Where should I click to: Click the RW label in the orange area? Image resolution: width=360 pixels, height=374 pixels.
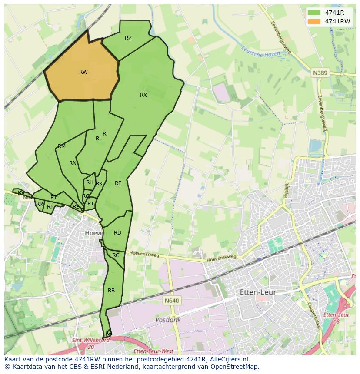click(x=83, y=72)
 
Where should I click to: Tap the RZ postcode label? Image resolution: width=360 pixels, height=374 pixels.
click(x=128, y=38)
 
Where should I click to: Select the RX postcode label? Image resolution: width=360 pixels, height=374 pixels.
click(x=143, y=95)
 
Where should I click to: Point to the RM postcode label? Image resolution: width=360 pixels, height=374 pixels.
click(x=62, y=146)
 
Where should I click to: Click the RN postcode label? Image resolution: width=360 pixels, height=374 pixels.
click(x=73, y=163)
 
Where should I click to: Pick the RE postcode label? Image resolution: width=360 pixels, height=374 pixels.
click(x=118, y=183)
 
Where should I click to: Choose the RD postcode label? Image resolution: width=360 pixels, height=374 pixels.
click(x=117, y=233)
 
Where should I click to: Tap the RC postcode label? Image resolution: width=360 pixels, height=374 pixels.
click(x=116, y=255)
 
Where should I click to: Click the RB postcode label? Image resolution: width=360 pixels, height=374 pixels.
click(x=111, y=290)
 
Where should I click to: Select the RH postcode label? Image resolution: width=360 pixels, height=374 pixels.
click(x=90, y=182)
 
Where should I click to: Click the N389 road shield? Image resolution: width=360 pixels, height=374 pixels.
click(x=320, y=73)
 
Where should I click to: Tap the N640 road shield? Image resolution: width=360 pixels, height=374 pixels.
click(x=172, y=301)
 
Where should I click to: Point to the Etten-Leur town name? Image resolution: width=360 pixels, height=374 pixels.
click(x=258, y=293)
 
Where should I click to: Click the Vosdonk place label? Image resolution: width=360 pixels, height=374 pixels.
click(x=168, y=320)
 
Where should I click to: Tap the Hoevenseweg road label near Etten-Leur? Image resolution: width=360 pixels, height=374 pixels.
click(x=222, y=258)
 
